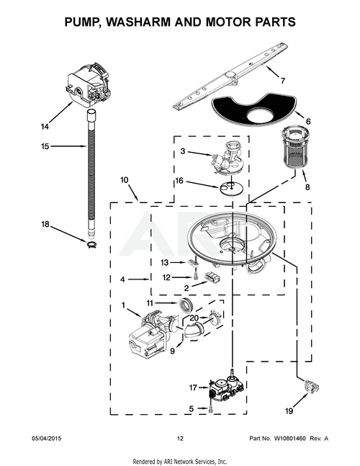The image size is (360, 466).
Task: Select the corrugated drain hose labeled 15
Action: [91, 173]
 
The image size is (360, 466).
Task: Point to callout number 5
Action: [192, 408]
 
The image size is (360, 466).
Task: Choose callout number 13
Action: [164, 262]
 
